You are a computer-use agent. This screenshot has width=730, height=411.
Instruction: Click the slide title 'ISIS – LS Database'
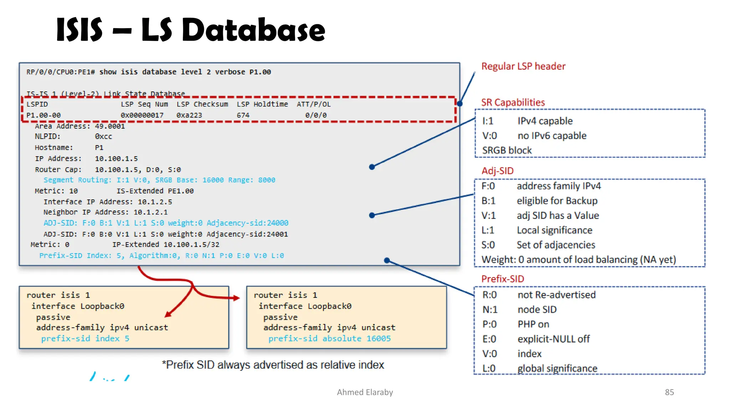click(x=191, y=30)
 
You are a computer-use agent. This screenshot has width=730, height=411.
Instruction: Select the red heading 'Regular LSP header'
click(x=523, y=66)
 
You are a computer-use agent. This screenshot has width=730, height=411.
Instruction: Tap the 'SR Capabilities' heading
click(x=513, y=103)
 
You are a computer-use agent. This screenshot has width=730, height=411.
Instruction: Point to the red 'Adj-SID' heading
click(x=497, y=171)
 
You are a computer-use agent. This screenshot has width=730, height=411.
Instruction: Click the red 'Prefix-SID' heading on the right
click(x=502, y=279)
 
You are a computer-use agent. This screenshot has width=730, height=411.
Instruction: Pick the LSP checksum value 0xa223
click(x=189, y=115)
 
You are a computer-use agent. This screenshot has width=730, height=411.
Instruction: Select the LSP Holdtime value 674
click(x=243, y=115)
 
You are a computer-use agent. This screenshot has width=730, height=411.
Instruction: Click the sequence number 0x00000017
click(x=142, y=115)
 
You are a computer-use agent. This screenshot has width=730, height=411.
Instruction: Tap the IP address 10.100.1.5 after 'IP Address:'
click(x=116, y=159)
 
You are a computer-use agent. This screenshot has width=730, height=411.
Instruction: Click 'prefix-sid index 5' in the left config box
click(x=85, y=339)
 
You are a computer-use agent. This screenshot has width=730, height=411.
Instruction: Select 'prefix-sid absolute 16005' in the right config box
click(x=329, y=339)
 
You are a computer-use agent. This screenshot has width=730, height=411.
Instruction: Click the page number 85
click(x=669, y=392)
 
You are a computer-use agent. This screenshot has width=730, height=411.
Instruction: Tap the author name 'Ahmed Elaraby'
click(x=365, y=392)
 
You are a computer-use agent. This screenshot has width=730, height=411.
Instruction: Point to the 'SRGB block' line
click(x=507, y=151)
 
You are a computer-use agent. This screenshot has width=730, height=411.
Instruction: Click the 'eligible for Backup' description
click(x=557, y=201)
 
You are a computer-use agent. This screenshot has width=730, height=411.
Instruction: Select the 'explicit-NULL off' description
click(x=553, y=339)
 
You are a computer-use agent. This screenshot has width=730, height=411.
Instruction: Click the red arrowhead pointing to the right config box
click(x=236, y=298)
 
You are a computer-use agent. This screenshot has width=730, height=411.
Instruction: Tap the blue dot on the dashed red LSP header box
click(x=460, y=104)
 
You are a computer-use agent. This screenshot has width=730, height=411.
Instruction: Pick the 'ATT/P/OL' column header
click(x=314, y=105)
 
